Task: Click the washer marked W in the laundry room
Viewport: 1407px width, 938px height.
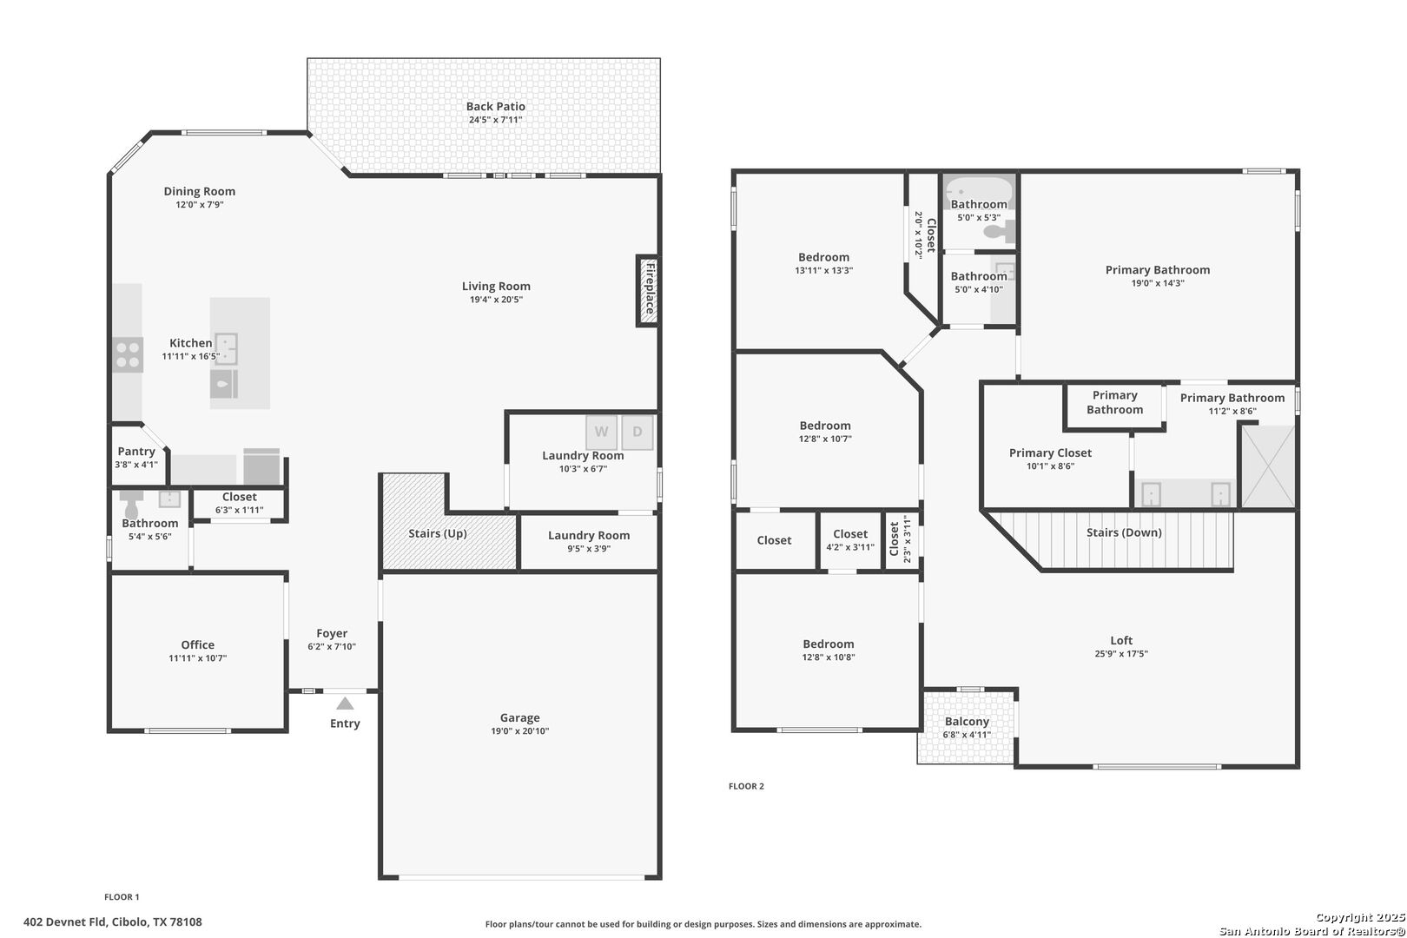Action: coord(601,433)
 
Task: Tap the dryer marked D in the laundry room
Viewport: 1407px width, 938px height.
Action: coord(637,433)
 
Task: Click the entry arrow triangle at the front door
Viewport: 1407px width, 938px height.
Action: coord(345,703)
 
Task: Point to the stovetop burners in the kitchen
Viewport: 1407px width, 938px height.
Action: coord(128,355)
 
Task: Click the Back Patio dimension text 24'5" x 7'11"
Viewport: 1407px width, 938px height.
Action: coord(496,120)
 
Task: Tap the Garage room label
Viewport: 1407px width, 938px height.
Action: coord(519,717)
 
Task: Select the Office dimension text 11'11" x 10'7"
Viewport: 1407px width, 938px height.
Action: coord(198,658)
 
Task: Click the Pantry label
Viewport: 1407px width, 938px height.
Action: coord(136,451)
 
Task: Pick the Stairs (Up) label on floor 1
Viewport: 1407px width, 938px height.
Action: coord(438,533)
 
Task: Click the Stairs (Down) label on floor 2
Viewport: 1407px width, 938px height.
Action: coord(1125,532)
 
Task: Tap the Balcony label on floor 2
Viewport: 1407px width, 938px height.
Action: coord(967,722)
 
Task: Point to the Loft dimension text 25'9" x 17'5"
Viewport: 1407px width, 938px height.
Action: coord(1121,654)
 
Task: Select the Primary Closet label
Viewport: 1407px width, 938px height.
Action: coord(1050,452)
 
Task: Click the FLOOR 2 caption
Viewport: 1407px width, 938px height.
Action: coord(746,786)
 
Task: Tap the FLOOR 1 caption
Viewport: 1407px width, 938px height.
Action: coord(122,897)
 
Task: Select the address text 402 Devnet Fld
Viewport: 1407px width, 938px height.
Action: coord(65,922)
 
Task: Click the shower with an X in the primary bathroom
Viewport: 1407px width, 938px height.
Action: coord(1268,466)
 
